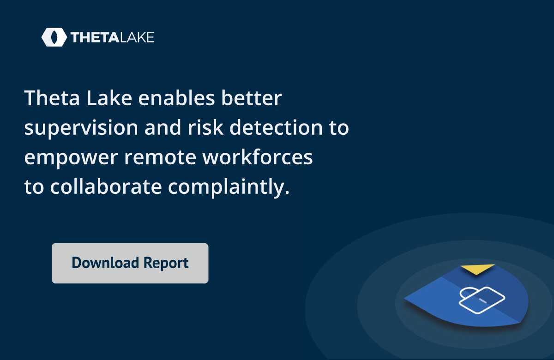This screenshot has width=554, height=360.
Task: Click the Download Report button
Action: (130, 263)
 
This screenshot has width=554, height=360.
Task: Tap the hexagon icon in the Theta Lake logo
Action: (54, 37)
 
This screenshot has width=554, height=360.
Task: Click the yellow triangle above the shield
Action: (477, 269)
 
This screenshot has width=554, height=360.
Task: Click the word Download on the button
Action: (105, 263)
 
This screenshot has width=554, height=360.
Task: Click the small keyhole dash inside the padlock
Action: (482, 301)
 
